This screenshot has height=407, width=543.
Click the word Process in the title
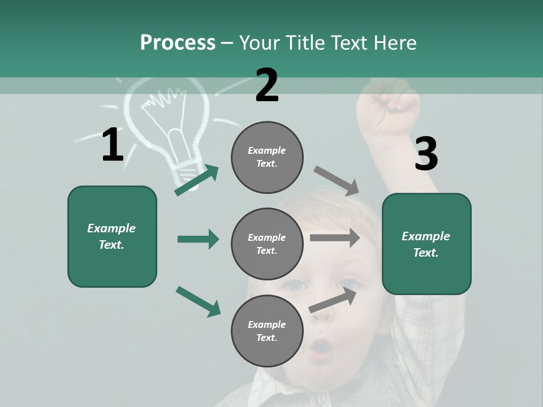[x=178, y=43]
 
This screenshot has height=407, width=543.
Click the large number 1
[x=113, y=145]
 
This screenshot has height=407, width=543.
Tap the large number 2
[x=267, y=85]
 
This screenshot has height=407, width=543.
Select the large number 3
[x=426, y=154]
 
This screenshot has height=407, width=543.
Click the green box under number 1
[x=112, y=236]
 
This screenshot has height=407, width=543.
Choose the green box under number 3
[x=426, y=244]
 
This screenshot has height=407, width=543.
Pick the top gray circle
[x=267, y=157]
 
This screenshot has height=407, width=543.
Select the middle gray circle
[x=267, y=244]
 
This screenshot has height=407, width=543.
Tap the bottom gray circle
[x=267, y=331]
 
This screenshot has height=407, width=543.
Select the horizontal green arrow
[x=198, y=239]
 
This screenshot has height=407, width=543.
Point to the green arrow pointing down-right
[x=198, y=301]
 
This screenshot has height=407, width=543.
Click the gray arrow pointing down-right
[x=337, y=181]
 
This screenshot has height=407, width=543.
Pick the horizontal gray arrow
[x=335, y=238]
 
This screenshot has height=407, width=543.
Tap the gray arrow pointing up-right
[x=333, y=300]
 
